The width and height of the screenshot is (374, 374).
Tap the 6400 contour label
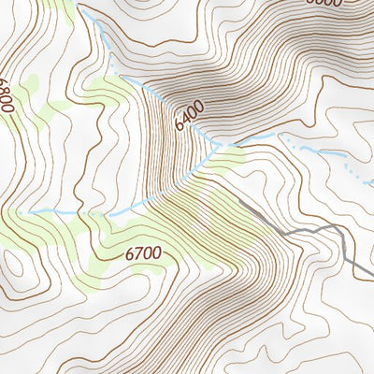pyautogui.click(x=190, y=116)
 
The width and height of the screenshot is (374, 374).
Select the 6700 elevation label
pyautogui.click(x=143, y=253)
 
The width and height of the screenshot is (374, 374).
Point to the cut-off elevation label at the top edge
pyautogui.click(x=324, y=3)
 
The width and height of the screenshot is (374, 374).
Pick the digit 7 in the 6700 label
pyautogui.click(x=138, y=253)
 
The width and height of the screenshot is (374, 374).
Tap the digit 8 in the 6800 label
pyautogui.click(x=7, y=97)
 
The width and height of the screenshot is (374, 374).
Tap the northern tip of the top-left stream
pyautogui.click(x=81, y=12)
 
